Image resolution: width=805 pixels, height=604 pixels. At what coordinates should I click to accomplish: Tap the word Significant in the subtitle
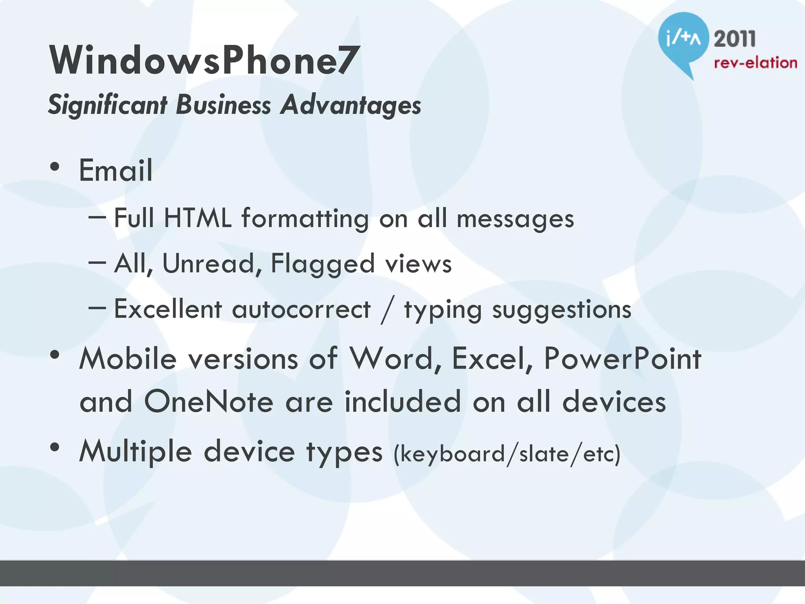click(x=108, y=105)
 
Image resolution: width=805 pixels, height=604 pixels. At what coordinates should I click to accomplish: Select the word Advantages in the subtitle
click(x=351, y=105)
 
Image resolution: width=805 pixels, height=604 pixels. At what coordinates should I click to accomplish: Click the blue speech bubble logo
click(x=683, y=39)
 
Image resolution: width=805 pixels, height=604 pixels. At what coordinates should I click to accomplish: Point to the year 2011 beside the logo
click(x=735, y=39)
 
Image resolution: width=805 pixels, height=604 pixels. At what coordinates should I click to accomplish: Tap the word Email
click(x=116, y=171)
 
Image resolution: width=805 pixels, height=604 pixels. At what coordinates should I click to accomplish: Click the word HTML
click(x=197, y=218)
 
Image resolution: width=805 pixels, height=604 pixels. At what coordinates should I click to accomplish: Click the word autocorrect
click(x=301, y=309)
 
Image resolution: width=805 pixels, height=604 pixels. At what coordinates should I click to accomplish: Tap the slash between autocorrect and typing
click(x=387, y=311)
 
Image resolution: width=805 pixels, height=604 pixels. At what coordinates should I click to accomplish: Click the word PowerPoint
click(x=623, y=359)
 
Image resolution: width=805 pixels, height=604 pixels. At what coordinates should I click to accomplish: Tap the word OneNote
click(x=209, y=402)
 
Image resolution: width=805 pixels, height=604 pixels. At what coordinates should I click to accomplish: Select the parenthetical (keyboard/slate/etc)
click(x=507, y=454)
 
